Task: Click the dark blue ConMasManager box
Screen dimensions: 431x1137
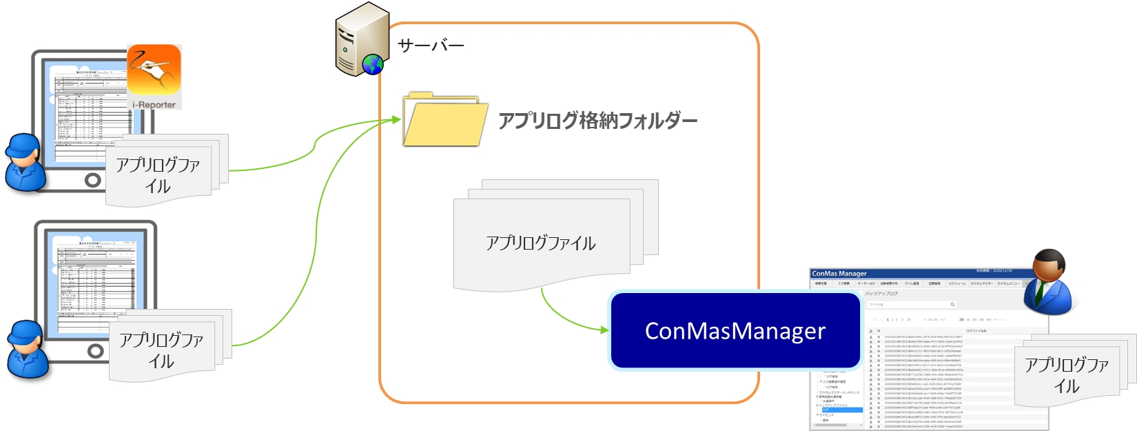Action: [x=735, y=331]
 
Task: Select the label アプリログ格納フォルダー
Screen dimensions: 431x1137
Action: [x=597, y=121]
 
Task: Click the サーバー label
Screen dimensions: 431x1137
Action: [x=431, y=46]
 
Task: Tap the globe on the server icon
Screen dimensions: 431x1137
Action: [x=373, y=65]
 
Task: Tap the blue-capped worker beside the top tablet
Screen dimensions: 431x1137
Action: [x=25, y=162]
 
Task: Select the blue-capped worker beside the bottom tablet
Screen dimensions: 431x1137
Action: [x=28, y=349]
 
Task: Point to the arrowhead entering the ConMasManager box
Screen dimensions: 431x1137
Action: [x=605, y=330]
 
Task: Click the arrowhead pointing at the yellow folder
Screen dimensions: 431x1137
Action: [x=396, y=120]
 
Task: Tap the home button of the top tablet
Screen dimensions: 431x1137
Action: [x=92, y=181]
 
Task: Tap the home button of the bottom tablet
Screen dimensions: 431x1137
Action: [x=95, y=351]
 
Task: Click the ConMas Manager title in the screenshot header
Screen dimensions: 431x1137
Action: [x=839, y=274]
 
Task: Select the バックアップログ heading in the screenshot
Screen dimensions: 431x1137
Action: [x=881, y=294]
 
